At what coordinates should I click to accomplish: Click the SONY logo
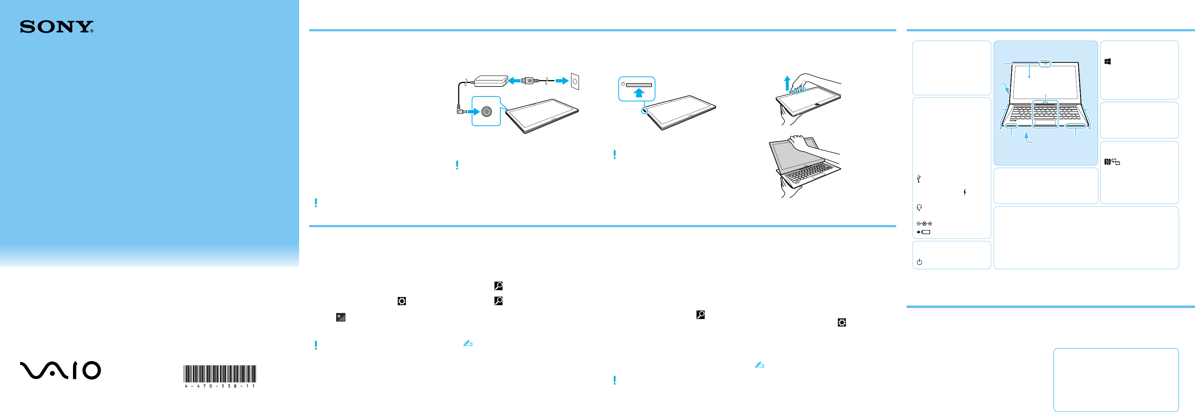coord(56,27)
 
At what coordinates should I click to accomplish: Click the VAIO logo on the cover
coord(60,370)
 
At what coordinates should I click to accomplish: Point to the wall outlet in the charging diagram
coord(575,81)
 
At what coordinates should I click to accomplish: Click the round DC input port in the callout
coord(486,111)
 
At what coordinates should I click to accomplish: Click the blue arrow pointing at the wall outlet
coord(562,81)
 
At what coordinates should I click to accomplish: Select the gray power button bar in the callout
coord(639,85)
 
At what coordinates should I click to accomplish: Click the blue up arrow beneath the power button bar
coord(639,93)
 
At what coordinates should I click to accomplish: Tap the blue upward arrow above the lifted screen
coord(787,84)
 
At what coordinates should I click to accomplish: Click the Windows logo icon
coord(1107,61)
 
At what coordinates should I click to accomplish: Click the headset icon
coord(919,207)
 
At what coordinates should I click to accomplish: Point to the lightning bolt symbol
coord(965,192)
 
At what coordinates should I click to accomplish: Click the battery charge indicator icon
coord(924,232)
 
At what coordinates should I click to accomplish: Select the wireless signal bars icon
coord(340,317)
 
